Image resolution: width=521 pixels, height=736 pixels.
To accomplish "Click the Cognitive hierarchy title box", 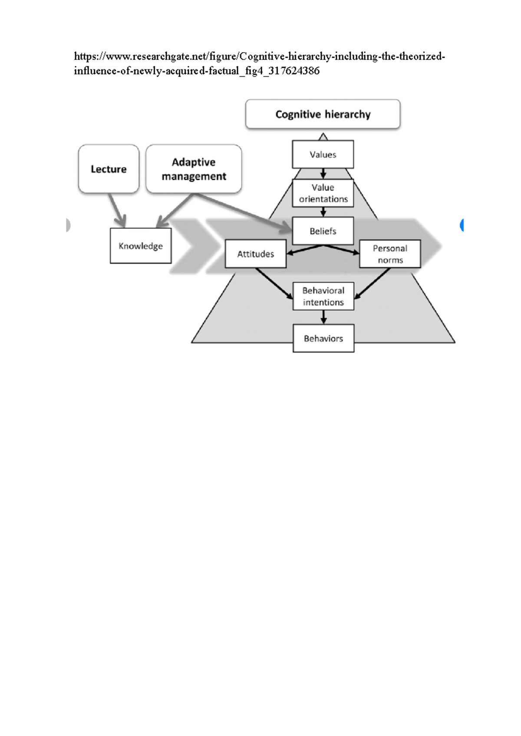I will pos(323,114).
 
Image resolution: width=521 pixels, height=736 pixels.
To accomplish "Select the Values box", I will pos(323,154).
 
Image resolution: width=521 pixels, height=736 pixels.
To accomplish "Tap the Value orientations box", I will pos(323,193).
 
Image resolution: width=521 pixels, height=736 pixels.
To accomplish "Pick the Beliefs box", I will pos(323,231).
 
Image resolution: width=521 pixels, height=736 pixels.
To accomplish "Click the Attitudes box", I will pos(255,254).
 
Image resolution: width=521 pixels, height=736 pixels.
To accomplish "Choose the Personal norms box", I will pos(390,254).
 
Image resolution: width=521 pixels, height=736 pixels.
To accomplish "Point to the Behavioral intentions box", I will pos(323,296).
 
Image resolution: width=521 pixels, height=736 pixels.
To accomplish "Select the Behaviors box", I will pos(323,338).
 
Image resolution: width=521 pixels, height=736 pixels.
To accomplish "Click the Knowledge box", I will pos(141,246).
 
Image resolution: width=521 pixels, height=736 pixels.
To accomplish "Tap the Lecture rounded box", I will pos(109,169).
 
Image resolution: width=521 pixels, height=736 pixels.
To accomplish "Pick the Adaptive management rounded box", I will pos(194,169).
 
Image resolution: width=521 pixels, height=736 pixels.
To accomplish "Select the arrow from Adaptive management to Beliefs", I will pos(243,211).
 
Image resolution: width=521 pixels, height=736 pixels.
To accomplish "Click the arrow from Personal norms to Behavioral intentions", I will pos(373,283).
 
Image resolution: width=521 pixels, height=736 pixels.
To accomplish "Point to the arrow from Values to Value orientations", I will pos(323,174).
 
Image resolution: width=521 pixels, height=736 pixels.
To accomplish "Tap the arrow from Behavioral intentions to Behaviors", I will pos(323,317).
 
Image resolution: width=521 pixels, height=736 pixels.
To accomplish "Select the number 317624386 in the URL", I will pos(294,71).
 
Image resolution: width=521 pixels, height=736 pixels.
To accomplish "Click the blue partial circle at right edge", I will pos(462,225).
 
